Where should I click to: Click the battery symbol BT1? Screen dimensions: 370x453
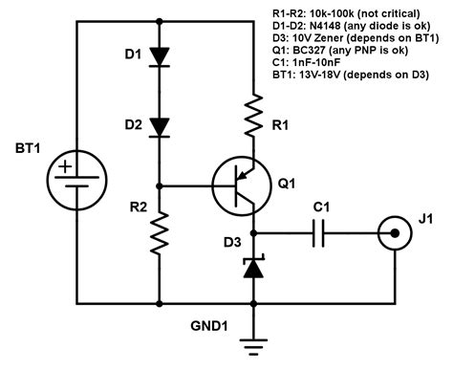pyautogui.click(x=75, y=178)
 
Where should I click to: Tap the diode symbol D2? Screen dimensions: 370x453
pyautogui.click(x=160, y=126)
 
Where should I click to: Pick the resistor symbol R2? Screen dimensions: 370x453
pyautogui.click(x=160, y=233)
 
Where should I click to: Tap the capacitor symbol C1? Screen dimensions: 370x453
pyautogui.click(x=322, y=231)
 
